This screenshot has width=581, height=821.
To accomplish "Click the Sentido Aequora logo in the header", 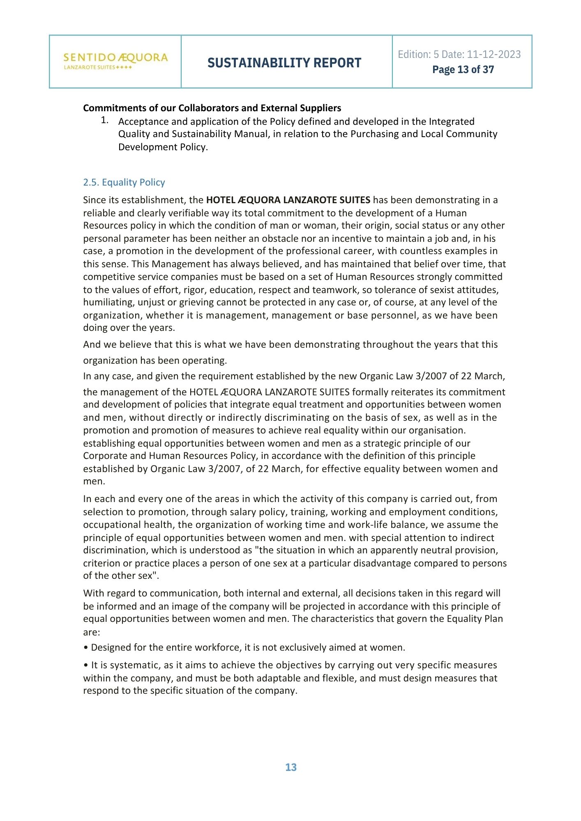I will (x=115, y=61).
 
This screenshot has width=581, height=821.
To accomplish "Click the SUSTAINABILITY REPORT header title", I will (x=284, y=63).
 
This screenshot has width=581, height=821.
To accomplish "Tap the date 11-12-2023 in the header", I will (x=493, y=54).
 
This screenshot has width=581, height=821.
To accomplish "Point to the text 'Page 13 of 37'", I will (x=463, y=69).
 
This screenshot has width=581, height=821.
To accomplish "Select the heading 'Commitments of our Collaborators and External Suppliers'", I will (x=212, y=108).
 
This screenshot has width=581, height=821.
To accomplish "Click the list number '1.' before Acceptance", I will (x=104, y=120).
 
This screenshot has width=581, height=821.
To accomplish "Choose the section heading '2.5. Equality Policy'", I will (x=124, y=182).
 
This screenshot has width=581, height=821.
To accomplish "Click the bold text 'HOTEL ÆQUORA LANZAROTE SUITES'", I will (x=288, y=200).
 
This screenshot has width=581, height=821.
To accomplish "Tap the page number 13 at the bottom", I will (x=290, y=767).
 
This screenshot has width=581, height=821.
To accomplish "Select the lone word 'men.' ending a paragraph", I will (x=94, y=482).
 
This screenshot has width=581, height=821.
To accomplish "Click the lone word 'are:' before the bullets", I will (x=92, y=632).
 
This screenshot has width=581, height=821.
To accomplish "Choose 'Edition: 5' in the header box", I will (x=414, y=54).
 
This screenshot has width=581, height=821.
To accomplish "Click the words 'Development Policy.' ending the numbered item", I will (x=163, y=147).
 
